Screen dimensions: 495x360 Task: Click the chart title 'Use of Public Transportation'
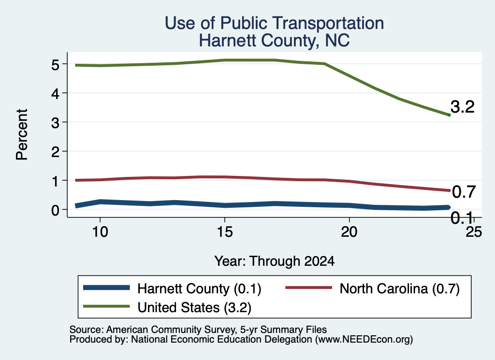(275, 23)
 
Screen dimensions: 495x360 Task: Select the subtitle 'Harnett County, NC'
(275, 41)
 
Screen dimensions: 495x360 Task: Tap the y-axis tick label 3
(55, 123)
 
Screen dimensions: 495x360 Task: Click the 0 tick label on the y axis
(55, 210)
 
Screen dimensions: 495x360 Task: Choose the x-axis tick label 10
(100, 232)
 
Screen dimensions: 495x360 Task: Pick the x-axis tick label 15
(225, 232)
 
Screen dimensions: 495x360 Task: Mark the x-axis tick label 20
(349, 232)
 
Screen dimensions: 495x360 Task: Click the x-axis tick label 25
(474, 232)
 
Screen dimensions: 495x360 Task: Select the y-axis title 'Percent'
(22, 135)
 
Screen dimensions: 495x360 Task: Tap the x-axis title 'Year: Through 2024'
(275, 261)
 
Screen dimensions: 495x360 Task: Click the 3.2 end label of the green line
(463, 107)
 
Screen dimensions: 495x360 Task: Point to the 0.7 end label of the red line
(464, 192)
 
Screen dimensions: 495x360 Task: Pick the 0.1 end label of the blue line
(462, 218)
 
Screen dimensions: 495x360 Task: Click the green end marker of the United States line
(449, 115)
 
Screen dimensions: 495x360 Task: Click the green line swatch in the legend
(106, 306)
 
